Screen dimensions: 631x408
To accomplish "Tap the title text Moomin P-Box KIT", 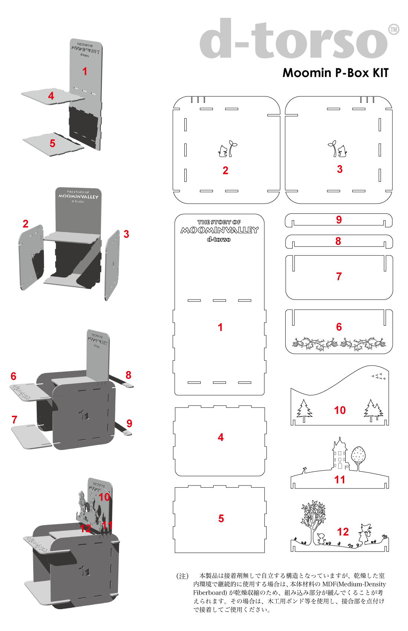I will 335,73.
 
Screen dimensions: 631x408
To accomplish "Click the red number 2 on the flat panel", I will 225,170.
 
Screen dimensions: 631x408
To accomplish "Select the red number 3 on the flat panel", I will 340,169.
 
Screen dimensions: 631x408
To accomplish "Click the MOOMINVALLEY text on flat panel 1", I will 219,230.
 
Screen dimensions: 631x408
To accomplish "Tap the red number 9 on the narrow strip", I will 339,220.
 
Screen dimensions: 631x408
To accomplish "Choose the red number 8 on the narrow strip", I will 338,241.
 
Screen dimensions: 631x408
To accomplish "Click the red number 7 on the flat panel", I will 339,277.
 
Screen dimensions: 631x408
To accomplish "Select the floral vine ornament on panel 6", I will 339,344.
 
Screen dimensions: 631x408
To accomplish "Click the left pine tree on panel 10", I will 304,410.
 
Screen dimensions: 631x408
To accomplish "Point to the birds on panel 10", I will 379,377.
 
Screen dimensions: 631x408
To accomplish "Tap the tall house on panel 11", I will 339,455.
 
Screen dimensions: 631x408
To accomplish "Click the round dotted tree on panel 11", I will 358,457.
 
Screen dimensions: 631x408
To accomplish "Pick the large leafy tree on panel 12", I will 314,520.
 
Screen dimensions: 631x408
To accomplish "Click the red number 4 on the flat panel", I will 221,437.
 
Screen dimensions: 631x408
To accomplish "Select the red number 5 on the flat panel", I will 221,519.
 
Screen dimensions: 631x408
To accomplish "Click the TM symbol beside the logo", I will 394,29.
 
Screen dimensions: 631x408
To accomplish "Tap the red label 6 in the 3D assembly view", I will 13,376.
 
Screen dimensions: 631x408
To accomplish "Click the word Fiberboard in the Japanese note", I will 210,593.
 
